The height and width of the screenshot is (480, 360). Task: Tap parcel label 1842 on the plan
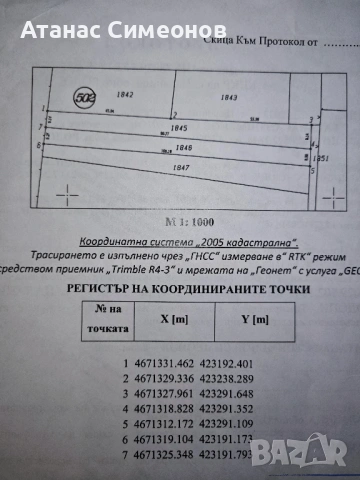point(125,93)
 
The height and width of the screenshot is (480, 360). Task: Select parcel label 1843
point(228,97)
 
